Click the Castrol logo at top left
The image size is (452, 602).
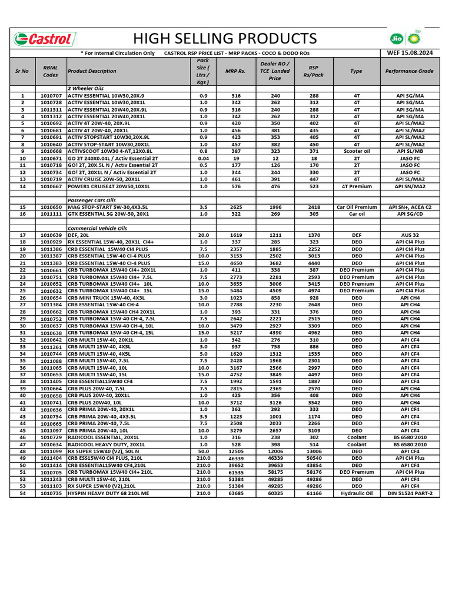click(x=45, y=39)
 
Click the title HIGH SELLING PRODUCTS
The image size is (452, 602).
click(x=225, y=39)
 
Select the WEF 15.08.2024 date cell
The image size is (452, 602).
click(x=410, y=53)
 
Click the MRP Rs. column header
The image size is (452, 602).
click(x=235, y=71)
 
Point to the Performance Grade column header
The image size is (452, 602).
click(x=410, y=71)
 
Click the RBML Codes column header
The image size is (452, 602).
click(x=51, y=71)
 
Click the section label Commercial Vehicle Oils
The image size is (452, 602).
click(x=97, y=228)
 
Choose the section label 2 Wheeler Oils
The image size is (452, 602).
click(x=86, y=88)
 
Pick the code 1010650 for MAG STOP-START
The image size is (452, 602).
click(x=51, y=208)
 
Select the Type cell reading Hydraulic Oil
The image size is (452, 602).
click(x=357, y=493)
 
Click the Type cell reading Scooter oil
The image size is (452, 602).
click(x=357, y=151)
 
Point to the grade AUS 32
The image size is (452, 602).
click(x=410, y=235)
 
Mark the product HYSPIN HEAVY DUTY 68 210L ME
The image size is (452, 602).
click(x=108, y=493)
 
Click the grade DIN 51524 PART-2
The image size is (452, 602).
click(x=410, y=493)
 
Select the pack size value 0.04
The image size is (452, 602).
click(x=203, y=158)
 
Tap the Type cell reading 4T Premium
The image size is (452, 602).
click(x=357, y=186)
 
